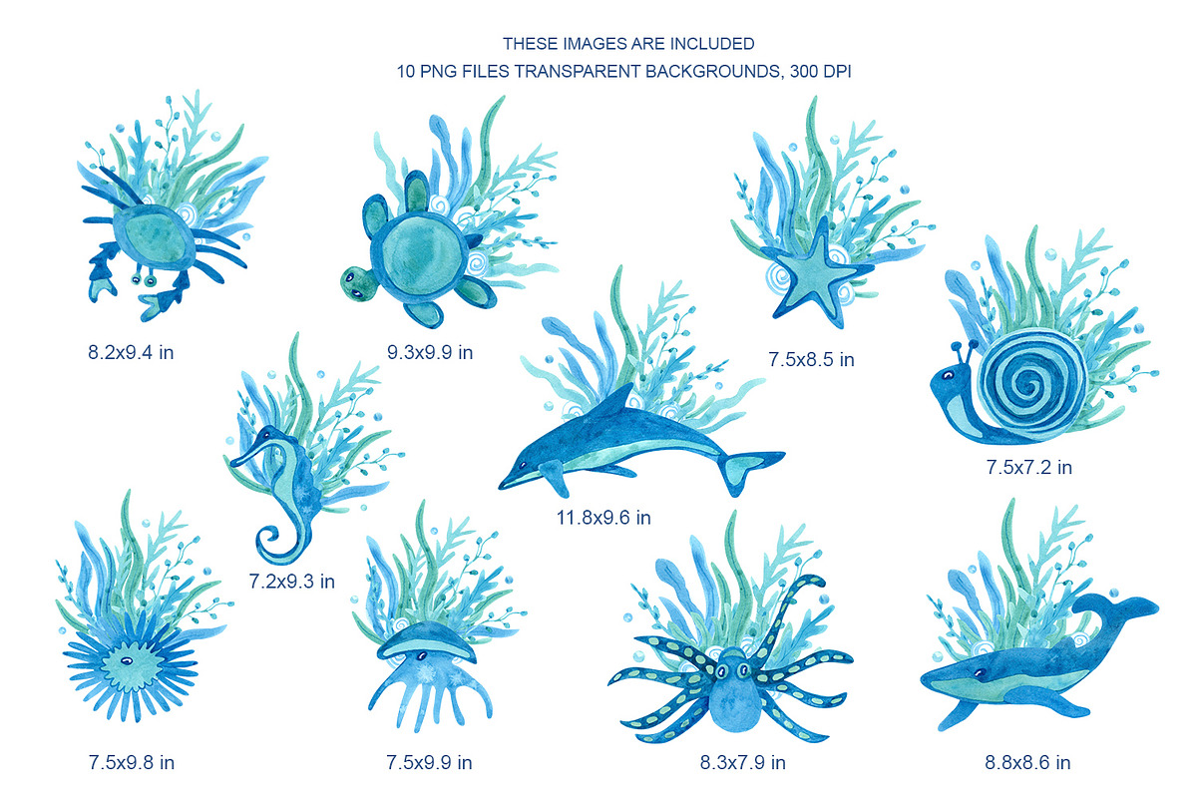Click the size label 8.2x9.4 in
(132, 351)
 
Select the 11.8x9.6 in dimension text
(602, 517)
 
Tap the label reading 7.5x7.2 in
(1028, 467)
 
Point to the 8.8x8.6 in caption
(1027, 762)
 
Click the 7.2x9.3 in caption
(291, 581)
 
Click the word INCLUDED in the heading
(712, 44)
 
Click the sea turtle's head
(355, 281)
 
